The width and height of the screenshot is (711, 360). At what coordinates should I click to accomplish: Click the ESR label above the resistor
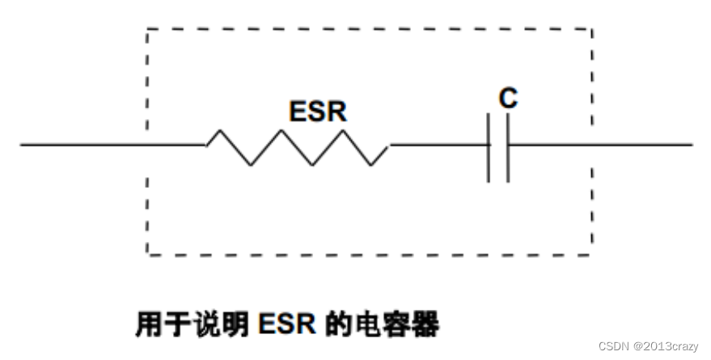(x=318, y=112)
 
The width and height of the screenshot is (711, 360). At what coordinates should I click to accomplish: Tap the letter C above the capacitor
(x=507, y=99)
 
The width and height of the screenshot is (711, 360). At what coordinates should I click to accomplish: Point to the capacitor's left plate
(x=489, y=147)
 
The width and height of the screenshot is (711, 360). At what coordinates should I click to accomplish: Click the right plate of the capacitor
(x=508, y=147)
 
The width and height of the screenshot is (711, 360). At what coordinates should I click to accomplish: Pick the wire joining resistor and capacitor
(x=439, y=146)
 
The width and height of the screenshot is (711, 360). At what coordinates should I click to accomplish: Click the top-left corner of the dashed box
(x=146, y=29)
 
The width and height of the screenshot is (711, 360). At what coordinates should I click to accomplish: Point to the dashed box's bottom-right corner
(x=591, y=255)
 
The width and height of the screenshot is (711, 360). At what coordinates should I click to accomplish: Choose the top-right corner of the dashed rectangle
(x=591, y=29)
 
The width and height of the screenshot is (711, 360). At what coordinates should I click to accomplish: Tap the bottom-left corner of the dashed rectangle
(x=146, y=255)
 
